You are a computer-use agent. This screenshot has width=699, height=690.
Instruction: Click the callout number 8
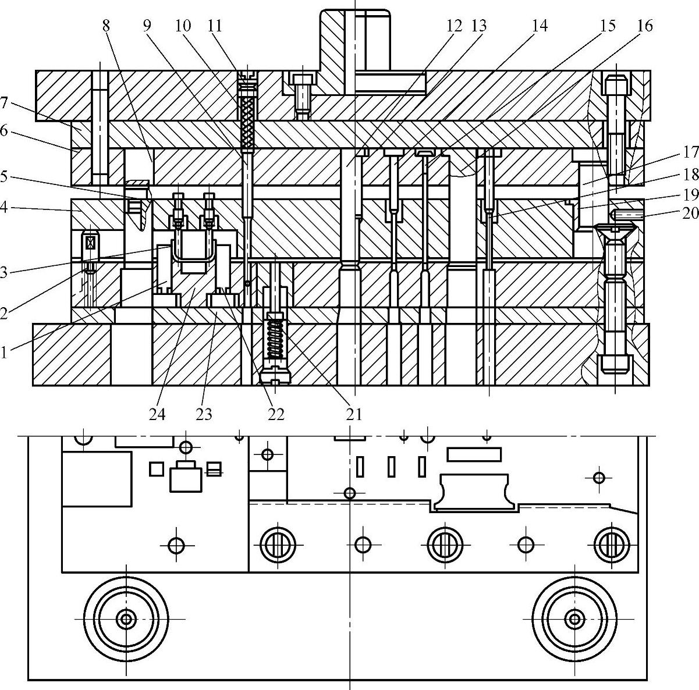(x=105, y=26)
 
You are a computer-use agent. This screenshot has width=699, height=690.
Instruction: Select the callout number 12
(x=454, y=26)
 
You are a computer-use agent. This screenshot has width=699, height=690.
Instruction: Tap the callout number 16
(x=644, y=26)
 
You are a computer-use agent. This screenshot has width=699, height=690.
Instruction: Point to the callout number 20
(x=690, y=212)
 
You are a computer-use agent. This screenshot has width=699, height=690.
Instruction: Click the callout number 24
(x=157, y=414)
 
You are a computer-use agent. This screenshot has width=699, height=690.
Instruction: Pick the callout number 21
(x=353, y=414)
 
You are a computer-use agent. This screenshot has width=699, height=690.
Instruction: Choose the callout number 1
(x=5, y=352)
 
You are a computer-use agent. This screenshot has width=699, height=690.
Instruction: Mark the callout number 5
(x=5, y=176)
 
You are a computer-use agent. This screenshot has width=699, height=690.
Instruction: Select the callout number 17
(x=690, y=152)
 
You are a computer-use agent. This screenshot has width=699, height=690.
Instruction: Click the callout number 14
(x=540, y=26)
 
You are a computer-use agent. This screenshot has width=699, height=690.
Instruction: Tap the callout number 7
(x=5, y=103)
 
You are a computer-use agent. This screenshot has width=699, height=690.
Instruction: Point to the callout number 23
(x=204, y=414)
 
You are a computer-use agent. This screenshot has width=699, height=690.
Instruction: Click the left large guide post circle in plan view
(x=126, y=618)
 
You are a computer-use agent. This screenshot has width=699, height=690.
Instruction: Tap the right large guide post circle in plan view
(x=575, y=618)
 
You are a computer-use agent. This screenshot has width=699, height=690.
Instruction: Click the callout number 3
(x=5, y=272)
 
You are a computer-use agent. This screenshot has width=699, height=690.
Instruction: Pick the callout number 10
(x=182, y=26)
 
